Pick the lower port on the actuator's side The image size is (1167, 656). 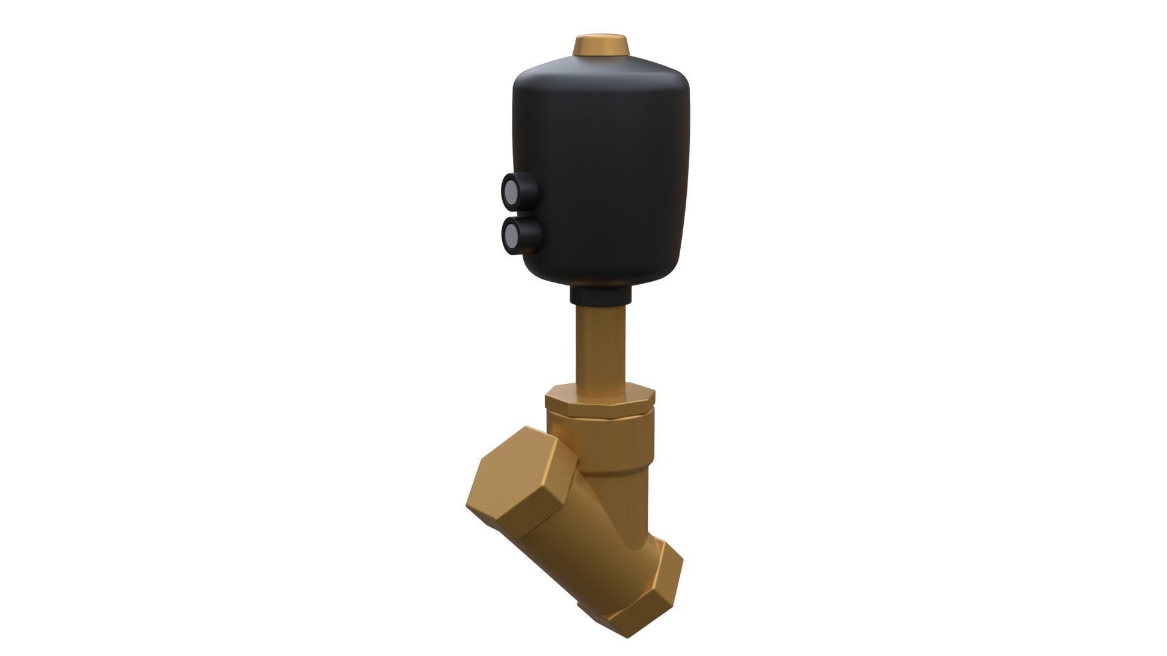[521, 235]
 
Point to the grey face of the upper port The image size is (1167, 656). [509, 190]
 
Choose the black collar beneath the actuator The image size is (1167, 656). [601, 296]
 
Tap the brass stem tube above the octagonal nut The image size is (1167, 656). [601, 346]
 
